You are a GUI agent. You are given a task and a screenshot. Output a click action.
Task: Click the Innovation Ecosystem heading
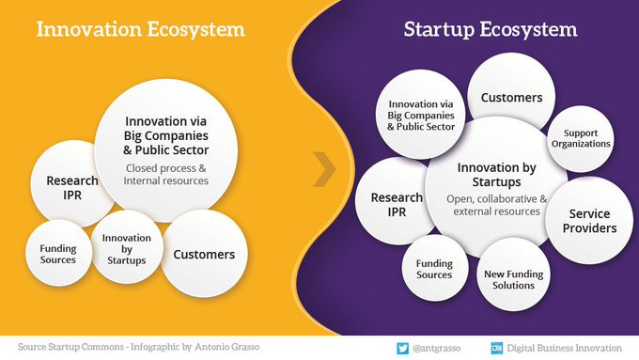tap(141, 29)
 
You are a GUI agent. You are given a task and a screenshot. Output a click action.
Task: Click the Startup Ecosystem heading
tap(491, 30)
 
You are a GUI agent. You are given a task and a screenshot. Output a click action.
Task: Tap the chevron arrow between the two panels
tap(324, 169)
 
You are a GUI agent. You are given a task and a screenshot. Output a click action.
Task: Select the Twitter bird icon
tap(402, 348)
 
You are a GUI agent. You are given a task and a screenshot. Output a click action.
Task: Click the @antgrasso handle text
tap(436, 348)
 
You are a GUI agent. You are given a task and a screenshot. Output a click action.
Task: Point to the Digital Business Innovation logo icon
tap(497, 348)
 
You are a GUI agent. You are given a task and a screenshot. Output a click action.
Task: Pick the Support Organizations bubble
tap(581, 138)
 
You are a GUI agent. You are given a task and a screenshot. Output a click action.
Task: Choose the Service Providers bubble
tap(589, 221)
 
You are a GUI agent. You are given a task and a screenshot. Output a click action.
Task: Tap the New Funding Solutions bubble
tap(513, 274)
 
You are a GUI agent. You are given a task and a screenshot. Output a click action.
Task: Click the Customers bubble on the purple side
tap(511, 97)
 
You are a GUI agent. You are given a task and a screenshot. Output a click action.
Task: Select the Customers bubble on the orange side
tap(204, 254)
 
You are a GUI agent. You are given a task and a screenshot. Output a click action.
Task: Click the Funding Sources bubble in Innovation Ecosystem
tap(58, 253)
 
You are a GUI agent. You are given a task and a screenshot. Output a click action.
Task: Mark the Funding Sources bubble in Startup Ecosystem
tap(434, 268)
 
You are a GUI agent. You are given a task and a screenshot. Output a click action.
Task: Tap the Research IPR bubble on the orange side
tap(71, 184)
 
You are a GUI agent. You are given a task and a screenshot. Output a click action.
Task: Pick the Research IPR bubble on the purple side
tap(397, 201)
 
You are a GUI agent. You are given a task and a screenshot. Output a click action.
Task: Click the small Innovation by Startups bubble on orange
tap(127, 248)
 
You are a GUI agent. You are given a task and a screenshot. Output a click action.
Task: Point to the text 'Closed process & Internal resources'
tap(166, 175)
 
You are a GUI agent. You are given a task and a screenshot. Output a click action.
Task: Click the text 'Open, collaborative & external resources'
tap(497, 205)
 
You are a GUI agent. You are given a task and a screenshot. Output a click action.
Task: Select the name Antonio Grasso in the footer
tap(227, 347)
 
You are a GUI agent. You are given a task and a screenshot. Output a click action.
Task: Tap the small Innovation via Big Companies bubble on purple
tap(421, 114)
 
